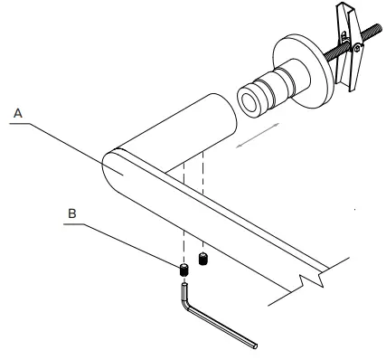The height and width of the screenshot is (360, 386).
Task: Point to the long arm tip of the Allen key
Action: (255, 344)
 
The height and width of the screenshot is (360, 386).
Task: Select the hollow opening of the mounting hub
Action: (249, 98)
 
